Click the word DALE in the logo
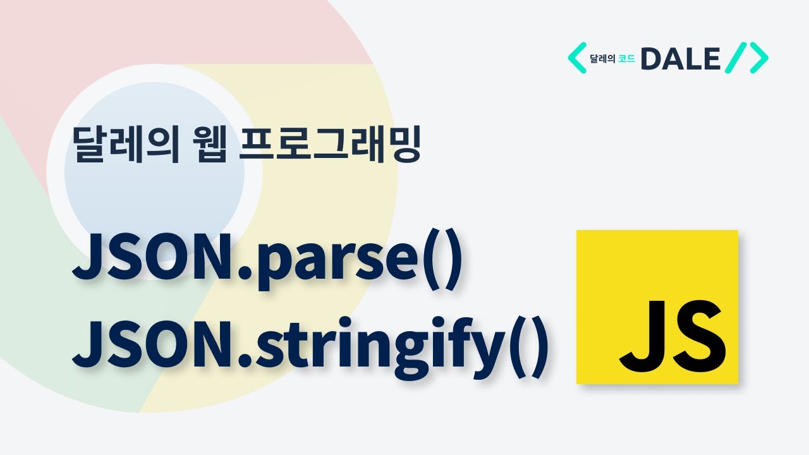[x=680, y=59]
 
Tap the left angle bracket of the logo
[x=576, y=58]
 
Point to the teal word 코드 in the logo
[x=627, y=59]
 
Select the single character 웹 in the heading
[x=208, y=145]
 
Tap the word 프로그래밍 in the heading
[x=331, y=145]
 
